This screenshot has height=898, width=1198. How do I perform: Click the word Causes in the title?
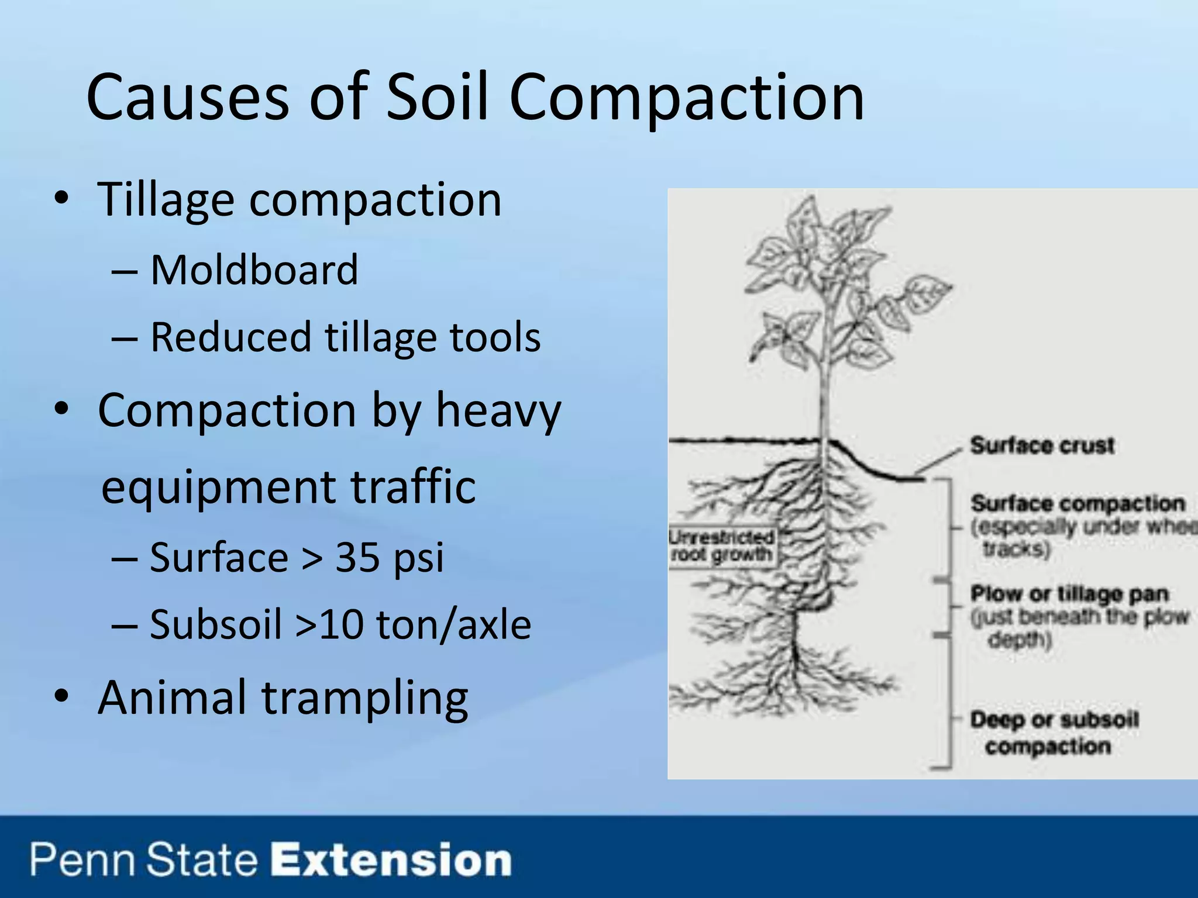click(187, 97)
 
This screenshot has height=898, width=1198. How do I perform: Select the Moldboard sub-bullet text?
click(254, 270)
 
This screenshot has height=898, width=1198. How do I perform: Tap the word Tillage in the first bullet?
click(165, 200)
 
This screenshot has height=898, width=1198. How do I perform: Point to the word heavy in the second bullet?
click(498, 411)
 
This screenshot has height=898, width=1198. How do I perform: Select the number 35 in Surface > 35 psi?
click(357, 557)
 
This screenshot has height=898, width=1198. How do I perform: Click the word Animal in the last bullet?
click(172, 697)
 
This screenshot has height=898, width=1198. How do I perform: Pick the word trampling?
click(365, 699)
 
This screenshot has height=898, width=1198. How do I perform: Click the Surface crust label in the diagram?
click(1042, 445)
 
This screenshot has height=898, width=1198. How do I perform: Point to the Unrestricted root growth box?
click(722, 546)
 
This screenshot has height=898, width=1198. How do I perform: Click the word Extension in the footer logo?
click(391, 861)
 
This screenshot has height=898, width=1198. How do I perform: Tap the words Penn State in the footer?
click(144, 861)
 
